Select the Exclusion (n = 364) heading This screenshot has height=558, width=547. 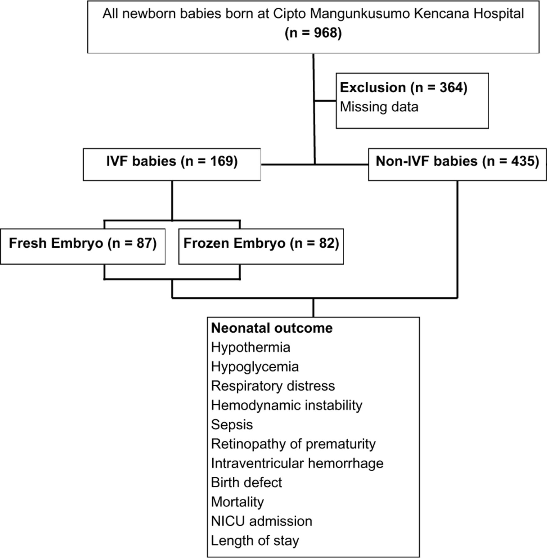tap(403, 87)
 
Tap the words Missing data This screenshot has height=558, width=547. tap(379, 107)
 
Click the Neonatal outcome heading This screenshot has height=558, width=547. tap(272, 328)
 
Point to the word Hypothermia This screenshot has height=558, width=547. tap(251, 348)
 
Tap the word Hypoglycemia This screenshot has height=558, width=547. tap(255, 367)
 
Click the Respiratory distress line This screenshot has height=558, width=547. tap(273, 386)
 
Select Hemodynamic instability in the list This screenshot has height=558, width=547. tap(287, 405)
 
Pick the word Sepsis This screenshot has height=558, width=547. tap(232, 425)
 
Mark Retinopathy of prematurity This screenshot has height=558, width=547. tap(293, 444)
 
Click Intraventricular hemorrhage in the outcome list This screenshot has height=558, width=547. tap(297, 463)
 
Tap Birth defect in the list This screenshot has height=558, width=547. tap(246, 483)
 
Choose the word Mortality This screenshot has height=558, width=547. tap(237, 502)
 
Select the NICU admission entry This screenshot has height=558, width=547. tap(261, 521)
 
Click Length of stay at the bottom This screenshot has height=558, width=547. tap(255, 541)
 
